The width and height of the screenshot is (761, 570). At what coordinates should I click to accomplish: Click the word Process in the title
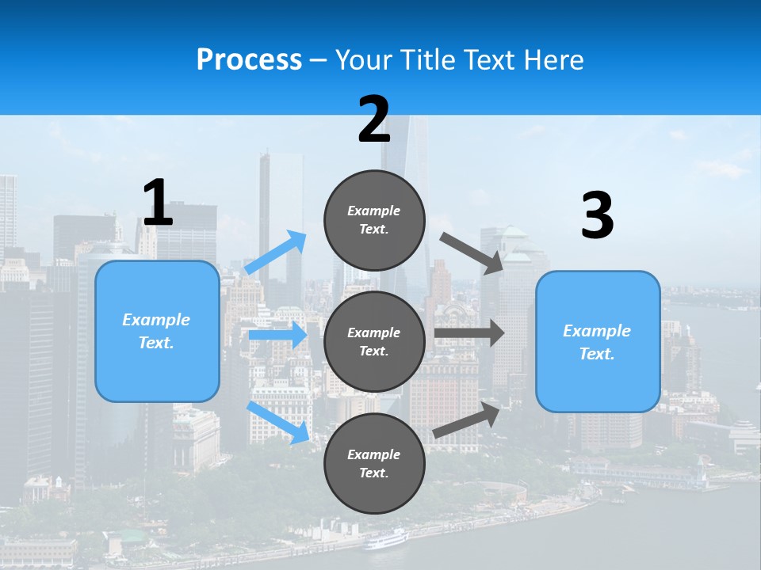point(249,59)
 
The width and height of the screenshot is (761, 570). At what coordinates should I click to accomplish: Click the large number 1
point(158,203)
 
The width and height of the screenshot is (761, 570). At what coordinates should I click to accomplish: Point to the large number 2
point(374,120)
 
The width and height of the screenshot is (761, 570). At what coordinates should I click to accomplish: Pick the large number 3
point(597,216)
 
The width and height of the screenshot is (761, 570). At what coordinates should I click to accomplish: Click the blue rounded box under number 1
point(157,331)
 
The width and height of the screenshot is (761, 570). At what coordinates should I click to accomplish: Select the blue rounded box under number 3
point(598,341)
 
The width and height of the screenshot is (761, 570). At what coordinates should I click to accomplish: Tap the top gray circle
point(374,220)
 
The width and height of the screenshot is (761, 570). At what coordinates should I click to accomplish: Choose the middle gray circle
point(374,341)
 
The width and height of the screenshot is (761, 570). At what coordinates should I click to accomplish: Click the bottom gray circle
point(374,463)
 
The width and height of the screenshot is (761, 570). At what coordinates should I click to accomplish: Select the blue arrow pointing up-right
point(276,253)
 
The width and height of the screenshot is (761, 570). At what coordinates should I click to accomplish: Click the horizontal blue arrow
point(277,335)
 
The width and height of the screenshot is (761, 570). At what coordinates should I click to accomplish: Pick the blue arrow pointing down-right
point(277,422)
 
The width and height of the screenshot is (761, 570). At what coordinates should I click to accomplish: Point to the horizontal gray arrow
point(469,332)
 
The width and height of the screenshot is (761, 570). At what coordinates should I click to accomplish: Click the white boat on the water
point(386,540)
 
